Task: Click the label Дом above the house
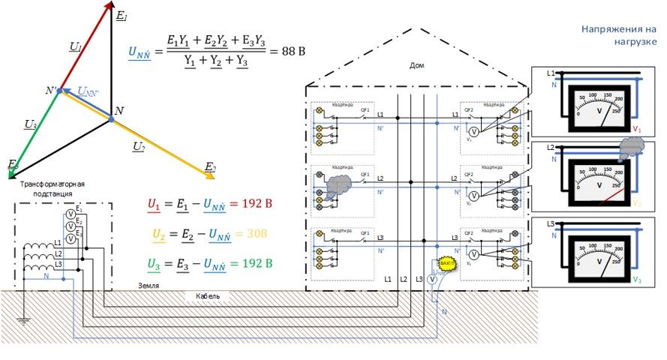pyautogui.click(x=417, y=66)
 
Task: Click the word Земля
pyautogui.click(x=148, y=286)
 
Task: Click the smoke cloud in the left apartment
pyautogui.click(x=339, y=182)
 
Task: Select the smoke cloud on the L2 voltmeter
pyautogui.click(x=633, y=149)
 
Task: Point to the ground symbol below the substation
pyautogui.click(x=23, y=321)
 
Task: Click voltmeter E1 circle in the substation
pyautogui.click(x=70, y=214)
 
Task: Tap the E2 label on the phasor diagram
pyautogui.click(x=210, y=166)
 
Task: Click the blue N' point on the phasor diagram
pyautogui.click(x=60, y=91)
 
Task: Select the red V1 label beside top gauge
pyautogui.click(x=637, y=130)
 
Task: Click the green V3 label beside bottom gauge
pyautogui.click(x=637, y=280)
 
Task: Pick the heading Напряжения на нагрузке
pyautogui.click(x=619, y=35)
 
